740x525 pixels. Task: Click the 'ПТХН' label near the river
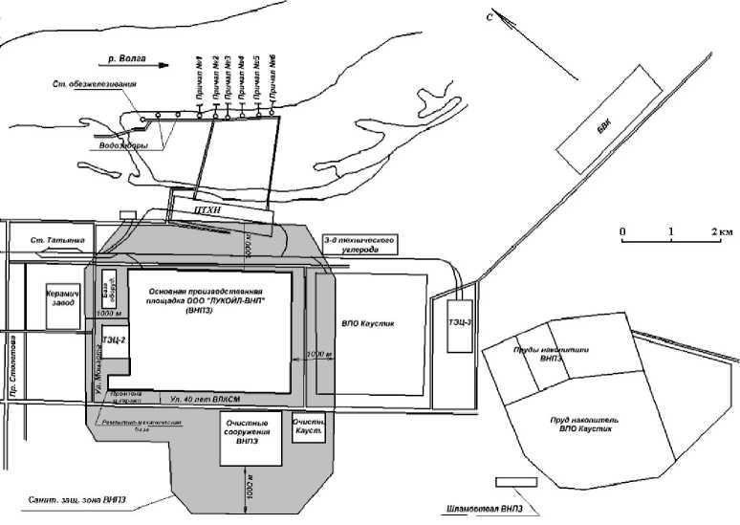coord(209,205)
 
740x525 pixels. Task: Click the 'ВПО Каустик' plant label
coord(368,324)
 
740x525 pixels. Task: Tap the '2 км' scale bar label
coord(720,232)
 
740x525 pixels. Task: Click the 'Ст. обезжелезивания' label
coord(95,85)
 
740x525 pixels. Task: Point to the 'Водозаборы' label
coord(122,145)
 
